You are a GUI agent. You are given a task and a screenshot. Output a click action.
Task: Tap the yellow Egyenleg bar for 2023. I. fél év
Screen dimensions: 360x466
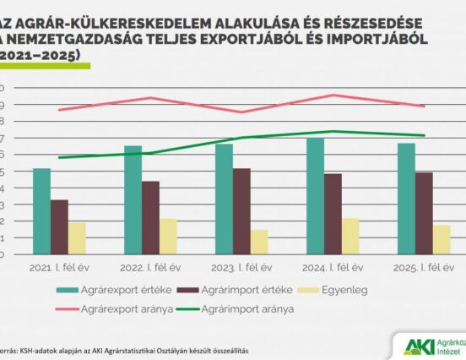click(x=259, y=242)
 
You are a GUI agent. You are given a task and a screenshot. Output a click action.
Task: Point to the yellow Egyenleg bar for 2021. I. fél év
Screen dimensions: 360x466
click(x=77, y=238)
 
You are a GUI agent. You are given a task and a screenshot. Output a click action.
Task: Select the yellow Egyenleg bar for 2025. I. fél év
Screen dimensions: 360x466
click(x=441, y=239)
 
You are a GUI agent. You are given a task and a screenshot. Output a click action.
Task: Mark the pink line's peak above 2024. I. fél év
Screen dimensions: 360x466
click(x=333, y=95)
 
